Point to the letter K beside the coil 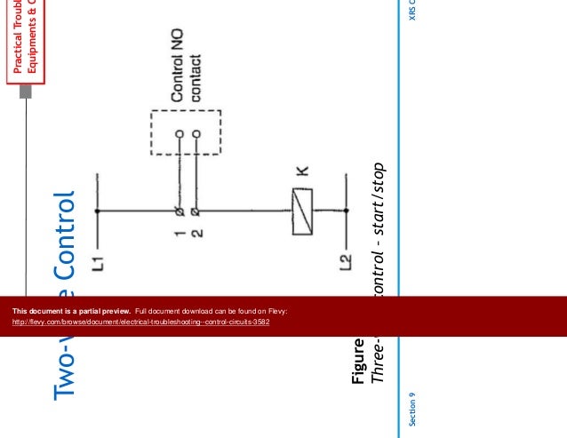pyautogui.click(x=302, y=174)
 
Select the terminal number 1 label pyautogui.click(x=177, y=235)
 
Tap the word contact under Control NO pyautogui.click(x=196, y=79)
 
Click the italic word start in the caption pyautogui.click(x=377, y=218)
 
